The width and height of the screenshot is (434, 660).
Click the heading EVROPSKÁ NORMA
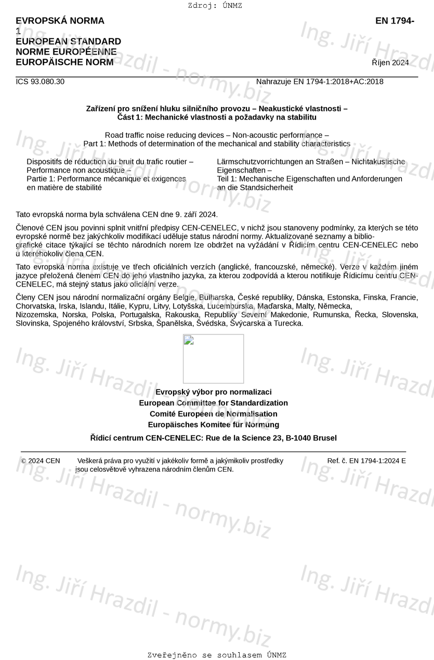point(60,21)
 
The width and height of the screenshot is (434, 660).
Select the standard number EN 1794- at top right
point(394,21)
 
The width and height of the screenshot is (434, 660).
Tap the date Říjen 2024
point(390,63)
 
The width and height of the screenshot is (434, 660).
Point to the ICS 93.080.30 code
point(40,82)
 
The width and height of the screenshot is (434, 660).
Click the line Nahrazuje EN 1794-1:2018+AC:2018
point(320,82)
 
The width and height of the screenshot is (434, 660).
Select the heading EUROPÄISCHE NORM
point(64,62)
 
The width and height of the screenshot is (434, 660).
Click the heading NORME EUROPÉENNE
point(66,52)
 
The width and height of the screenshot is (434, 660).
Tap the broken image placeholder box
point(213,358)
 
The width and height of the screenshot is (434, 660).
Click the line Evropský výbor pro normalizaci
point(213,392)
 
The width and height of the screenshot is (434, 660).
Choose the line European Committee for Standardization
point(213,403)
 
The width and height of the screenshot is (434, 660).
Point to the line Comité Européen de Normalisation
point(213,414)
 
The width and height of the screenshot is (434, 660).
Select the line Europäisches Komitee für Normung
point(213,425)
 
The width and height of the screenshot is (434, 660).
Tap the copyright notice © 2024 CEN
point(41,461)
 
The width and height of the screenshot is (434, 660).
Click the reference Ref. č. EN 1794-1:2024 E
point(366,461)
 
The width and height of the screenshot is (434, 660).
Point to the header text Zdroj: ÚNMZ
point(215,6)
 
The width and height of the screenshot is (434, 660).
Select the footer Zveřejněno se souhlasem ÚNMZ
point(217,655)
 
